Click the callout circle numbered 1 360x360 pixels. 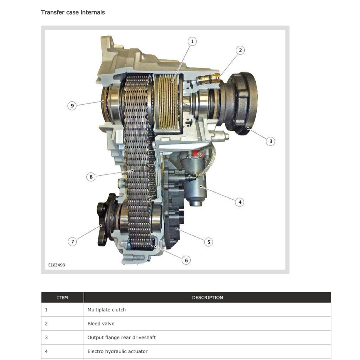192,41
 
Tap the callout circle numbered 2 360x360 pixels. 240,50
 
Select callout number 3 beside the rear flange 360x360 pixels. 271,141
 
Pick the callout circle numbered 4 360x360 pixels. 240,202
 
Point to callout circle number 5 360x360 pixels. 209,242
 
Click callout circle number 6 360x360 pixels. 186,260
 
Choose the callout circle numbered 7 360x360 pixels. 72,242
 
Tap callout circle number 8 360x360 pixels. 91,177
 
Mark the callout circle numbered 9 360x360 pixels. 72,106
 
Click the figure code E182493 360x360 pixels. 57,265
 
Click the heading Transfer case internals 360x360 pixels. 73,12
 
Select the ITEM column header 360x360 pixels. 62,297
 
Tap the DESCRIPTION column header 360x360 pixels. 207,297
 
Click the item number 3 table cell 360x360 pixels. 62,337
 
